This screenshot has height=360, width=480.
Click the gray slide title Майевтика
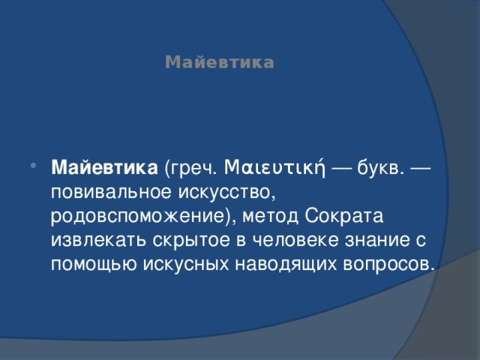220,62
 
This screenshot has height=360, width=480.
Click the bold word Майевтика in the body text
104,168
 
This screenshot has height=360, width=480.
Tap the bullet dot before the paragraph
33,166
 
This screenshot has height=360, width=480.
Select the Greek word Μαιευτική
275,167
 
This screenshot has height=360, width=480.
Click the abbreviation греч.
190,169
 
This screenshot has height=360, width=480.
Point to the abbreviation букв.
379,168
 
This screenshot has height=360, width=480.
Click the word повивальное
112,193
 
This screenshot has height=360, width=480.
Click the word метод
270,216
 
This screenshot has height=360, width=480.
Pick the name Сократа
344,216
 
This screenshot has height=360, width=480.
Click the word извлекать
98,240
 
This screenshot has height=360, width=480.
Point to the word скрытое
191,241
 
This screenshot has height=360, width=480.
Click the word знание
377,241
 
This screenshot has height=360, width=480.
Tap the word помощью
94,265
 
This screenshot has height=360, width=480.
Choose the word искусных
186,265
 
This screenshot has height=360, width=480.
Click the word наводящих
286,265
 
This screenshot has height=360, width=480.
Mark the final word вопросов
388,265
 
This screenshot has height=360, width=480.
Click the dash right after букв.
419,168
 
